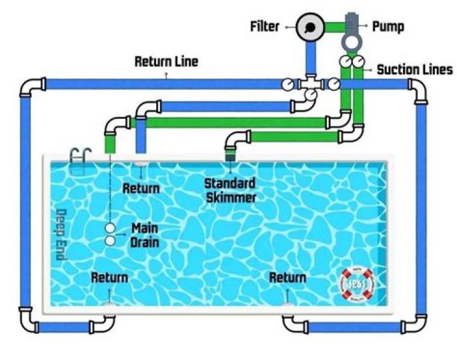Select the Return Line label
tap(166, 62)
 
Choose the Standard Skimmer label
tap(230, 190)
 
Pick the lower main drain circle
tap(110, 241)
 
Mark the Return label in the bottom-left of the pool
tap(109, 277)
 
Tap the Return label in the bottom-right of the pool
tap(288, 277)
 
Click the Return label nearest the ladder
tap(141, 188)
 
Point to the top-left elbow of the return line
tap(31, 87)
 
